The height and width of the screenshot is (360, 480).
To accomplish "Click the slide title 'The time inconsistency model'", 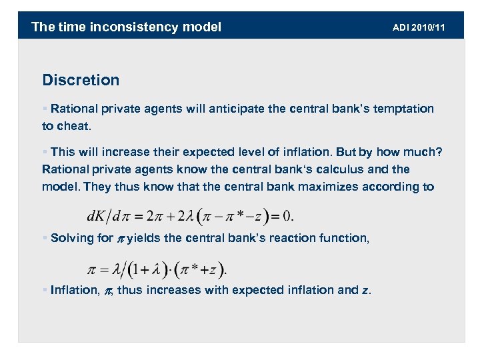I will (127, 27).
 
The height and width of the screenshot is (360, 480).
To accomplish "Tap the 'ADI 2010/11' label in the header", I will (419, 27).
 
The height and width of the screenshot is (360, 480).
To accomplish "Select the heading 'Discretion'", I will (81, 80).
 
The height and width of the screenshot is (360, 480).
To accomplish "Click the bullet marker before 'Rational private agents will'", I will (45, 109).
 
